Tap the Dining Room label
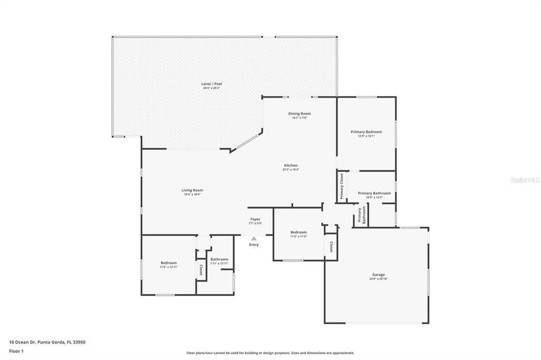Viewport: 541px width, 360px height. tap(299, 113)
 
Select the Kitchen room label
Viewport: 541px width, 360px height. tap(291, 165)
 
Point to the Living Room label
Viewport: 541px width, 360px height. tap(192, 190)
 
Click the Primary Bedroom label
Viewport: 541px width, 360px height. tap(366, 131)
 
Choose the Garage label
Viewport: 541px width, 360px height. tap(378, 274)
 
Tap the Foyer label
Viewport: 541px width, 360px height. tap(255, 219)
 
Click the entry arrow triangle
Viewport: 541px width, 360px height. tap(254, 239)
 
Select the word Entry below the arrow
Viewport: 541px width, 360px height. tap(254, 244)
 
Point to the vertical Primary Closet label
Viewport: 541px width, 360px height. tap(342, 186)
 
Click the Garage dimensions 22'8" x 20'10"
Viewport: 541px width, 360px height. tap(378, 279)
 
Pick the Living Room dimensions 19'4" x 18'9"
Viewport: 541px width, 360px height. tap(192, 194)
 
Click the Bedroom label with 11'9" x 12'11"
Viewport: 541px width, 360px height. tap(169, 262)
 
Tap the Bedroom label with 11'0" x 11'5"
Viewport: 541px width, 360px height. tap(299, 232)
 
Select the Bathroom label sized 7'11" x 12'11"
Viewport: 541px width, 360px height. tap(219, 259)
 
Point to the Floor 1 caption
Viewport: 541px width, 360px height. tap(17, 350)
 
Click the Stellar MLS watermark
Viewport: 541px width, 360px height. tap(525, 180)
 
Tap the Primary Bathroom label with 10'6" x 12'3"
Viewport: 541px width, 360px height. tap(375, 193)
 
